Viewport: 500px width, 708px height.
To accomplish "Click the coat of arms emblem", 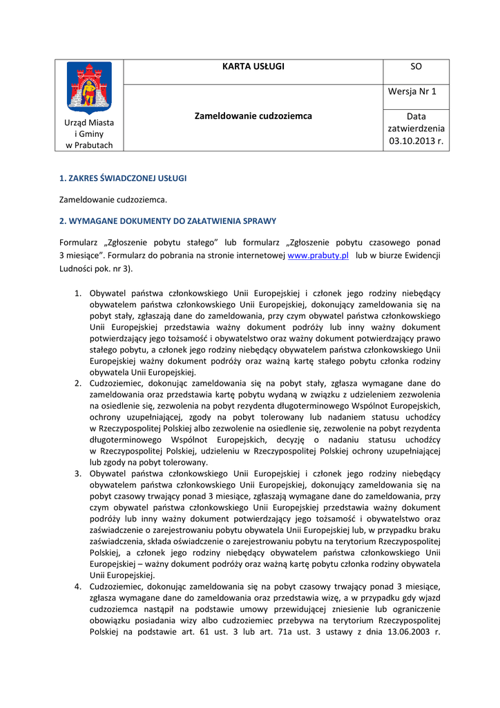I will [x=89, y=88].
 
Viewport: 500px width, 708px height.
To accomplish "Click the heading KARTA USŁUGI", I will [x=253, y=67].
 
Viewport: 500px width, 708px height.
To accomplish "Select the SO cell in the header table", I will [x=416, y=67].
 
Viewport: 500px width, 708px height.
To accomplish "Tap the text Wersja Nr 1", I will [x=416, y=92].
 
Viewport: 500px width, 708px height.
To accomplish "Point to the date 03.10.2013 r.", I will [x=416, y=141].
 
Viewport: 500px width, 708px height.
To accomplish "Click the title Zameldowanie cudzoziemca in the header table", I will [x=253, y=116].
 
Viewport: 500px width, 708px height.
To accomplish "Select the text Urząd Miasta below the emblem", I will [x=89, y=122].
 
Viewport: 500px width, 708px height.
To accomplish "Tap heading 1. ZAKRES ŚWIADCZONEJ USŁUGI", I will [x=123, y=178].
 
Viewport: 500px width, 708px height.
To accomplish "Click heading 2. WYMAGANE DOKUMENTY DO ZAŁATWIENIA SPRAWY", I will [x=168, y=221].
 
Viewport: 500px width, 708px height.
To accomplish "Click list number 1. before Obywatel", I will [x=78, y=293].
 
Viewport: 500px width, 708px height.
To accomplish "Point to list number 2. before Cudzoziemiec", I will [x=78, y=383].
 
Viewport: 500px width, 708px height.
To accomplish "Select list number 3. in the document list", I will [x=78, y=473].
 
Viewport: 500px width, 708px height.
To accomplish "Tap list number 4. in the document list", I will [x=78, y=586].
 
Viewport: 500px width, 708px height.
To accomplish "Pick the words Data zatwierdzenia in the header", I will [x=416, y=123].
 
